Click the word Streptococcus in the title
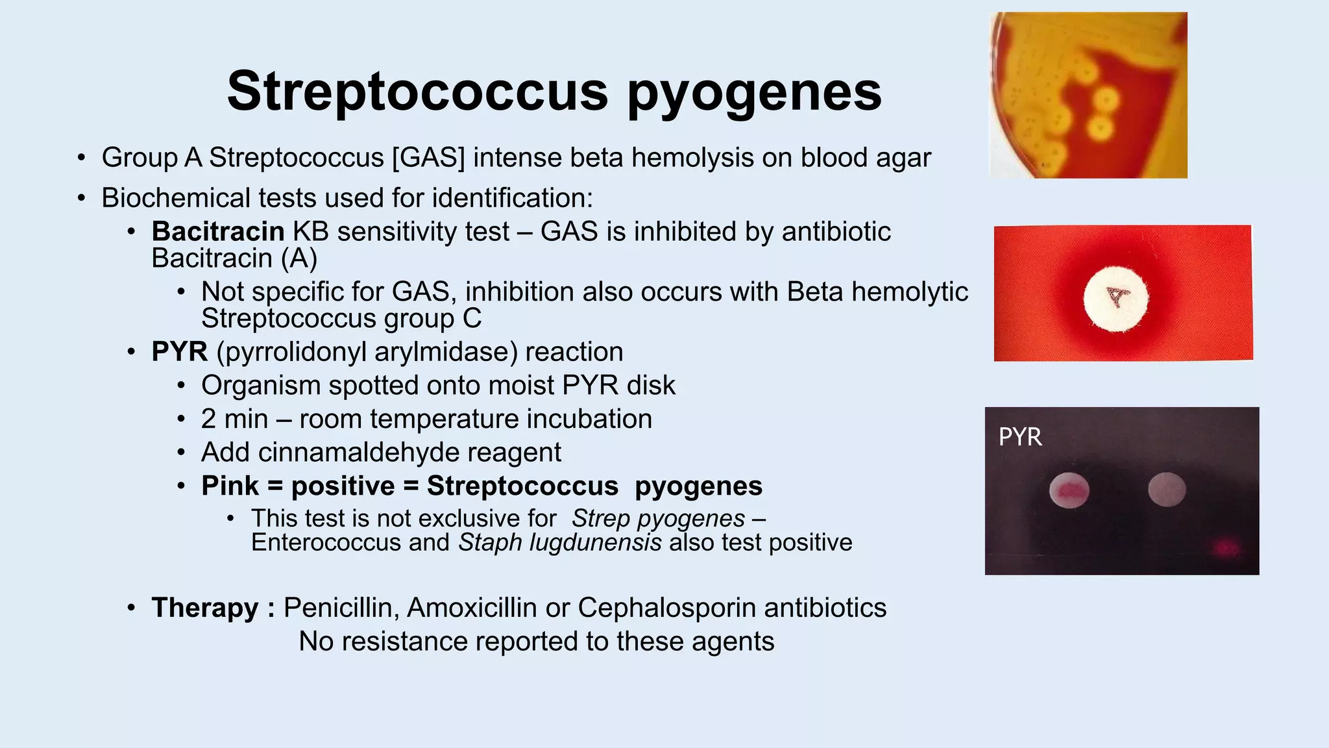[x=417, y=92]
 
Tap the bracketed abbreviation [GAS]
[x=428, y=158]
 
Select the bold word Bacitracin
[x=218, y=232]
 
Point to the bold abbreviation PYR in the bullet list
[x=180, y=352]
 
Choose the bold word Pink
[x=230, y=486]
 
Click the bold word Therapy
[x=205, y=608]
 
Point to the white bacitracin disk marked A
[x=1116, y=299]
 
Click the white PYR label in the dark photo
[x=1020, y=437]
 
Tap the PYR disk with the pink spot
[x=1069, y=492]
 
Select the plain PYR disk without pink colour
[x=1167, y=490]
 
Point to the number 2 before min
[x=208, y=419]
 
